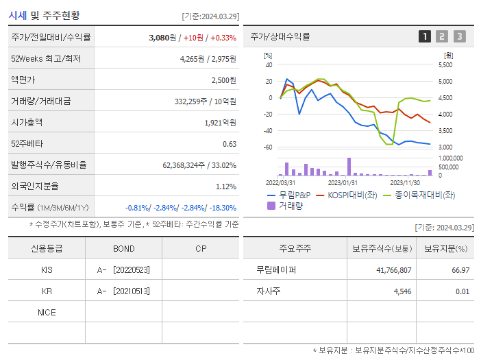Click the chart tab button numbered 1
[425, 36]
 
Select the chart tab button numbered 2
[442, 36]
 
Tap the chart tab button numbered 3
[459, 36]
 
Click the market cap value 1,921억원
[220, 123]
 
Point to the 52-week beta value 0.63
[230, 144]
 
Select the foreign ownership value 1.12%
[226, 187]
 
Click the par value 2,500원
[223, 80]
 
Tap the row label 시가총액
[27, 123]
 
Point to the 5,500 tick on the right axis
[445, 65]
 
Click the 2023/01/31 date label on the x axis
[343, 182]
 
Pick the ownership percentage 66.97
[461, 270]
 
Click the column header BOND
[123, 248]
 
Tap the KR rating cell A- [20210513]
[123, 291]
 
